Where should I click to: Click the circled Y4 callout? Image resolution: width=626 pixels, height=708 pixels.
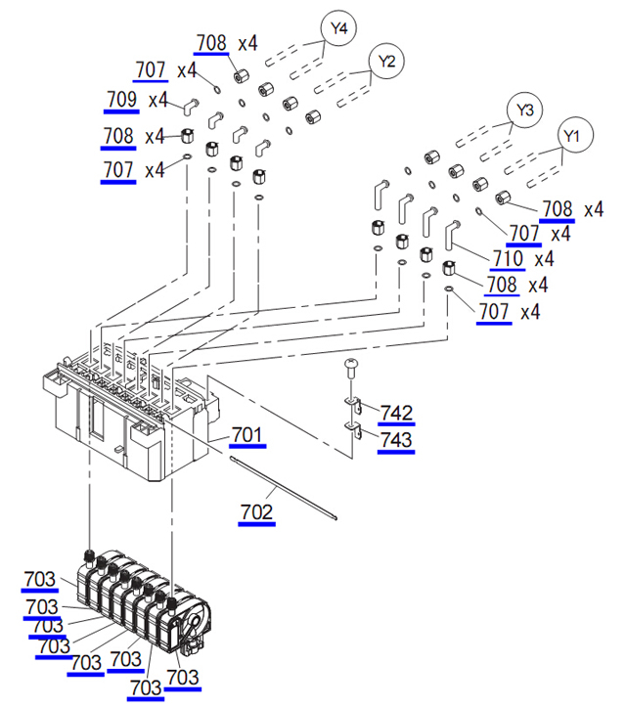point(338,28)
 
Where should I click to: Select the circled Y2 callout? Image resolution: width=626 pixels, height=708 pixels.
point(386,61)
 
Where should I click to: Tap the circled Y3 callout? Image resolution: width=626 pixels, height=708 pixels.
point(525,110)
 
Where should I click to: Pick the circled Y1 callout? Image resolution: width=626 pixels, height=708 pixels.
point(571,136)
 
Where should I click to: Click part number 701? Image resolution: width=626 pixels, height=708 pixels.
point(247,434)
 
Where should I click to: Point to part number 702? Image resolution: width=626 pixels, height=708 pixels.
point(256,512)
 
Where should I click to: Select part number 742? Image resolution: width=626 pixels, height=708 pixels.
point(396,413)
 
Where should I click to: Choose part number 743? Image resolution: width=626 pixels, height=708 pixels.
point(396,439)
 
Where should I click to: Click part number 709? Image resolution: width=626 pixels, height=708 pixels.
point(121,99)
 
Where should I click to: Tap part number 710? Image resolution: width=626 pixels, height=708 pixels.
point(508,259)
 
